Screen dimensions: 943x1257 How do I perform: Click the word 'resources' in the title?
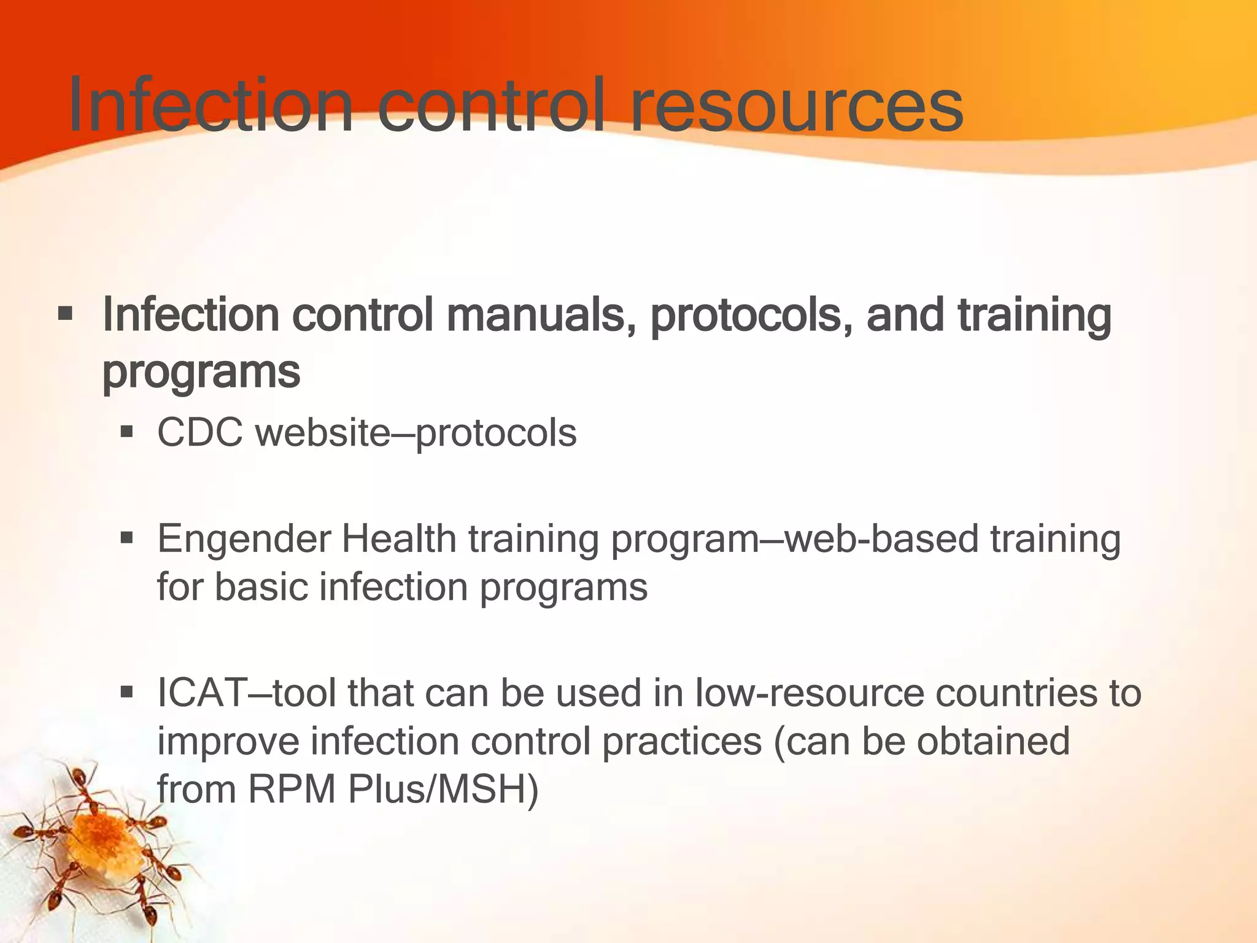[x=796, y=106]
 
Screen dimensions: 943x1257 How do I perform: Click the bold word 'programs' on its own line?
[x=201, y=372]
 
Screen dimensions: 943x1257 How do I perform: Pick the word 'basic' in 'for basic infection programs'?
[x=260, y=588]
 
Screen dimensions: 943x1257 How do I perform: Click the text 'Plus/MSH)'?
[x=443, y=789]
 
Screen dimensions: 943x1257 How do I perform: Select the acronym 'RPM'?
[x=292, y=789]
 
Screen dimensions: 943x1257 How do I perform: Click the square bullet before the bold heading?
[x=65, y=316]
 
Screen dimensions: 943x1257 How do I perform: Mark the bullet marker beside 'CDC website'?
[x=127, y=433]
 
